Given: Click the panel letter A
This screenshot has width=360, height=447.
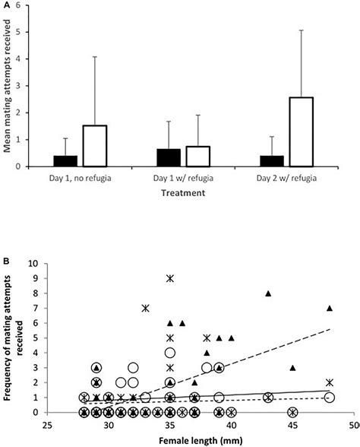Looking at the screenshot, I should (5, 5).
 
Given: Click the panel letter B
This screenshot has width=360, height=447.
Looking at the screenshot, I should (5, 246).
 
